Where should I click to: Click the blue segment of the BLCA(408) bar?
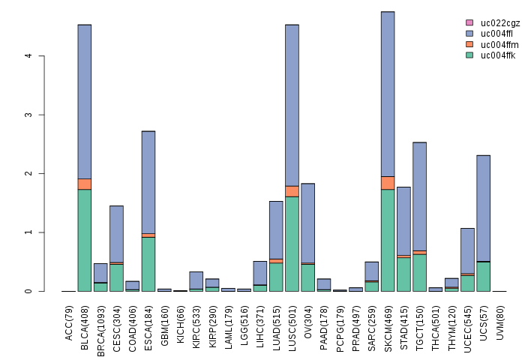coord(84,101)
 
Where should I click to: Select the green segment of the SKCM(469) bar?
coord(388,240)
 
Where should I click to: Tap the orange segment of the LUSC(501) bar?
coord(292,191)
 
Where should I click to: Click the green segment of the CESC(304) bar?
coord(116,277)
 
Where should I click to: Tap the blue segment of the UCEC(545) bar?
coord(467,250)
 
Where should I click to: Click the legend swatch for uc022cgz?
coord(469,22)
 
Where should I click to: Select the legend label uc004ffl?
coord(497,34)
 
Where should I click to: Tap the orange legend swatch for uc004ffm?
coord(469,44)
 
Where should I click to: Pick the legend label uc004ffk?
coord(497,55)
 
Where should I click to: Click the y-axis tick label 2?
coord(28,174)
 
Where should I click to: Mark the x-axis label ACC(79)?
coord(69,319)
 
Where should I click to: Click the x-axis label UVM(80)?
coord(499,319)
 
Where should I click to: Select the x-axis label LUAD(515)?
coord(276,322)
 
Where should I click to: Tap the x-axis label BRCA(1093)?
coord(100,324)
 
